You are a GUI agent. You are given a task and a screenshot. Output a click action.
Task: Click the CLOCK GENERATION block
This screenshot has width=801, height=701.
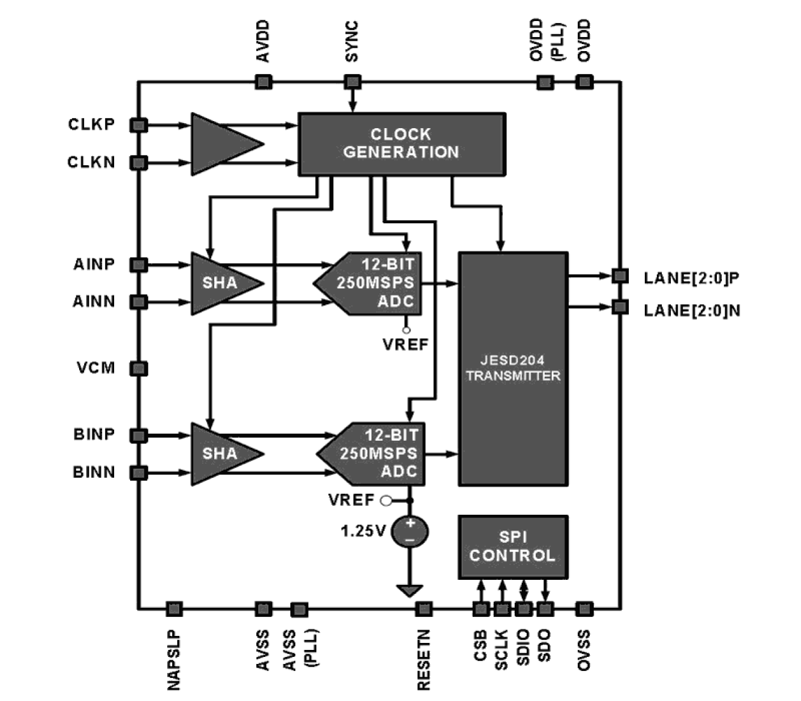coord(402,144)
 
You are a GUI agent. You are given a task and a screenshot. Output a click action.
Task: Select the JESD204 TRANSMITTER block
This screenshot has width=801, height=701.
coord(513,369)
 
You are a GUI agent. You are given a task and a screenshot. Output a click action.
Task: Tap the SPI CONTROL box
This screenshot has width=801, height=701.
coord(513,547)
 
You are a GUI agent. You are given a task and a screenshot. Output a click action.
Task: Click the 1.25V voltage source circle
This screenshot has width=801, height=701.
coord(410,531)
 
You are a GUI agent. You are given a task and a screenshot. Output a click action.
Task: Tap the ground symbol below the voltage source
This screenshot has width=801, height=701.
coord(410,590)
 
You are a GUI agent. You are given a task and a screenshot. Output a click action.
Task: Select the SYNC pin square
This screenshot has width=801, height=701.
coord(352,82)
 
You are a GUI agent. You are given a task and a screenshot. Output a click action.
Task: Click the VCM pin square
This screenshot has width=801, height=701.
coord(139,368)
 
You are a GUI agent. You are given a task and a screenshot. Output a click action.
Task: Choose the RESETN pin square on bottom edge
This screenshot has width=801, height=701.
coord(424,609)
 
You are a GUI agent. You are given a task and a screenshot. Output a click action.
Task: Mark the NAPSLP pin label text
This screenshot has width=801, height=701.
coord(174,660)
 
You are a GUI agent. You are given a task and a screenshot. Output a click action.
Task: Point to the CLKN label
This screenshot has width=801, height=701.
coord(91,163)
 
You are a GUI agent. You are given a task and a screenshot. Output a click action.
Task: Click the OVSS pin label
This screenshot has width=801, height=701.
coord(584,650)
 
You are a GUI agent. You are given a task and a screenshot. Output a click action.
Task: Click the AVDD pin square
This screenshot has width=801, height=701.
coord(263,82)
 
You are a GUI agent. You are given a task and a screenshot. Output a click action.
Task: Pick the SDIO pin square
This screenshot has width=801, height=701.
coord(524,609)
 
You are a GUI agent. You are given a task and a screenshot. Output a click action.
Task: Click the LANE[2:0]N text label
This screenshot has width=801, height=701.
coord(692,311)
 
